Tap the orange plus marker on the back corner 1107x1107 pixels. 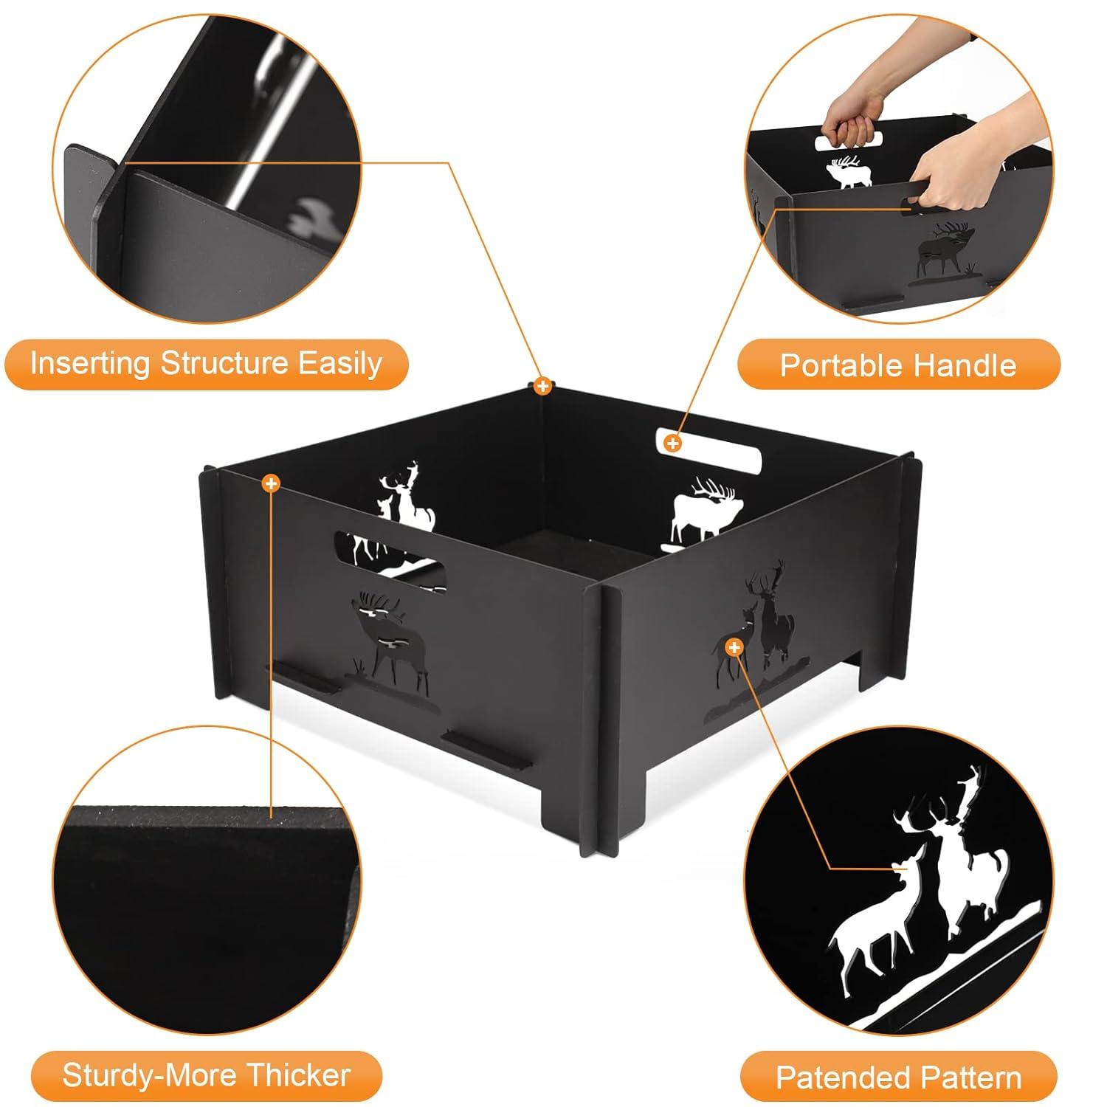coord(542,386)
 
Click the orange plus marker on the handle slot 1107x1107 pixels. coord(672,443)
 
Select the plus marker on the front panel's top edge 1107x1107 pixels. coord(272,483)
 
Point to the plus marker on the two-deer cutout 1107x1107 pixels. coord(734,648)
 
